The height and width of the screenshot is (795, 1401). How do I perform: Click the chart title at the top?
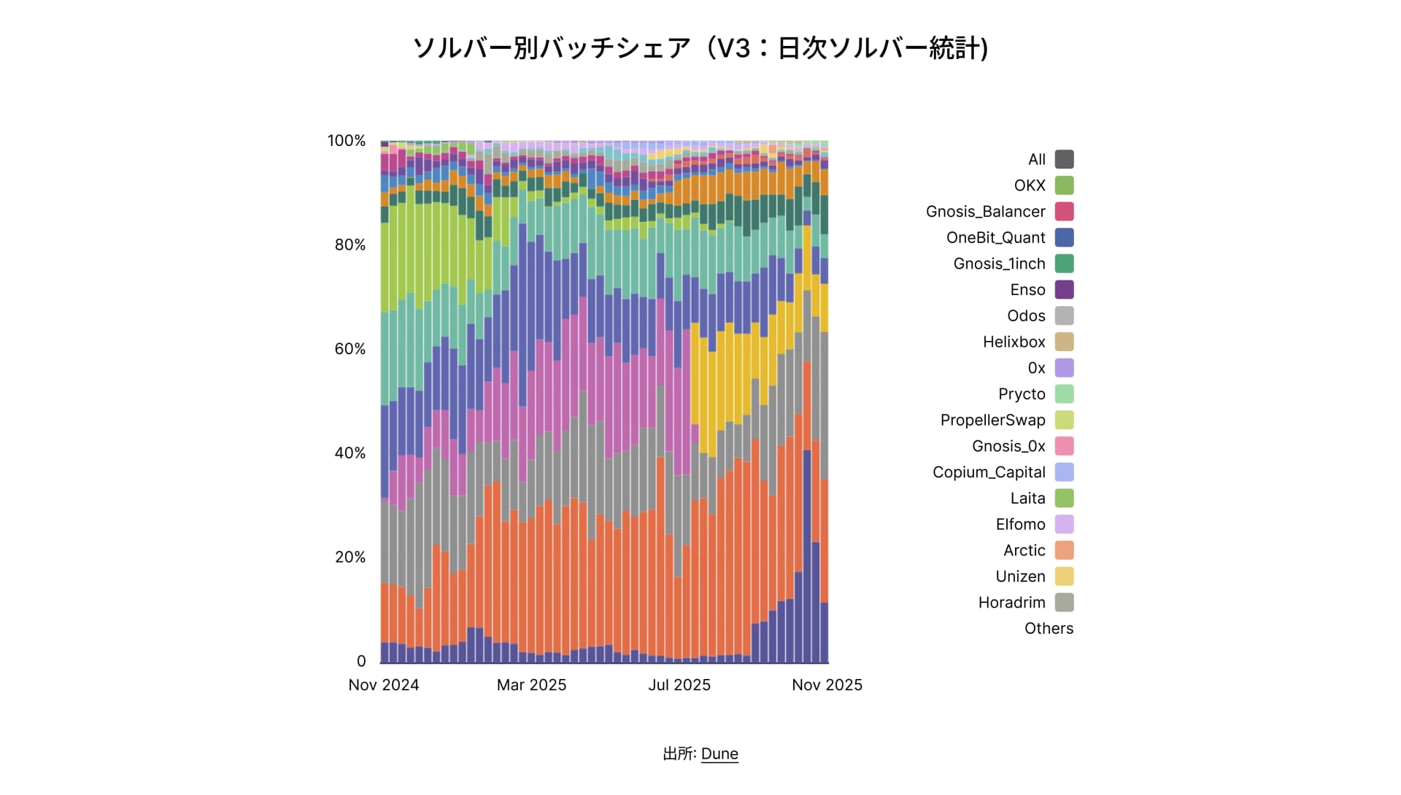[x=700, y=48]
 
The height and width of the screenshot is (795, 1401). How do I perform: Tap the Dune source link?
[x=719, y=754]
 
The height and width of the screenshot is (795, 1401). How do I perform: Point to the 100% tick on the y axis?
[x=346, y=141]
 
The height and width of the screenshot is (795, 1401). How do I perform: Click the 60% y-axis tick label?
[x=350, y=349]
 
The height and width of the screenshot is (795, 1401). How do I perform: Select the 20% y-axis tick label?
[x=350, y=557]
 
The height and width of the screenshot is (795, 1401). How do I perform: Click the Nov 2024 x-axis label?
[x=384, y=685]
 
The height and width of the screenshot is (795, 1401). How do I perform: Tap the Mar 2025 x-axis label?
[x=531, y=685]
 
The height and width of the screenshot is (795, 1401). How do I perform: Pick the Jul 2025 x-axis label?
[x=679, y=685]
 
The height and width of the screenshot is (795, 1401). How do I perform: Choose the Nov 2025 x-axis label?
[x=827, y=685]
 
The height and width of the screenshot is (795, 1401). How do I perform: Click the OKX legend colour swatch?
[x=1065, y=185]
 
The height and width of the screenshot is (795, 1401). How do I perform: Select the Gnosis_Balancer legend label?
[x=985, y=212]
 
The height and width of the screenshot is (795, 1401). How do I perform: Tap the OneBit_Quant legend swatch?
[x=1065, y=238]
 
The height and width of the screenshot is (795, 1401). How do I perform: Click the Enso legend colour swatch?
[x=1065, y=290]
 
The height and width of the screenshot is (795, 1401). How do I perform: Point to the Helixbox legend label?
[x=1014, y=342]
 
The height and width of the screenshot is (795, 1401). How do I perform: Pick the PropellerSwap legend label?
[x=992, y=420]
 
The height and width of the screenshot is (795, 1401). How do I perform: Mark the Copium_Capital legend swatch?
[x=1065, y=472]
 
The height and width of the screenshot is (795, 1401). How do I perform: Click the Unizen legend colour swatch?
[x=1065, y=577]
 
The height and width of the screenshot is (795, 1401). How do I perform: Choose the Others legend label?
[x=1049, y=629]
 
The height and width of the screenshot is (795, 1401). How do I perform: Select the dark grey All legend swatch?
[x=1065, y=159]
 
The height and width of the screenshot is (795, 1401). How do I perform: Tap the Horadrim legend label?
[x=1011, y=603]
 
